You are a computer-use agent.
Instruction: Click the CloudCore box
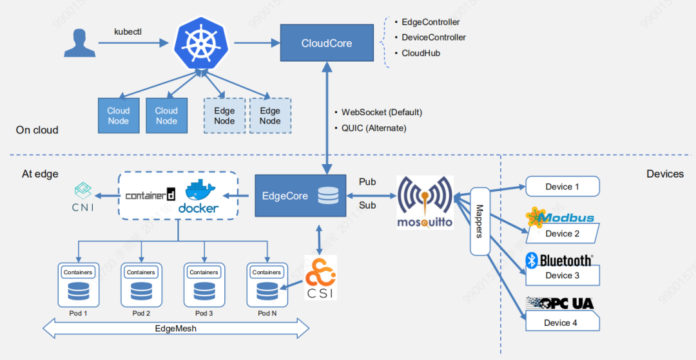point(327,43)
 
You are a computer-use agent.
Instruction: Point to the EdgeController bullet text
point(430,22)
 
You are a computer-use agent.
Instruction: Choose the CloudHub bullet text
point(421,53)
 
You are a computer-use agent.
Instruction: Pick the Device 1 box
point(563,187)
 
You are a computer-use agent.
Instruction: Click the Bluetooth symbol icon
point(532,260)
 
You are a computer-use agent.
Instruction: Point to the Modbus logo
point(559,218)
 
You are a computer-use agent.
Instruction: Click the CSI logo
point(320,278)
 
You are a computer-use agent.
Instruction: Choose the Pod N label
point(267,313)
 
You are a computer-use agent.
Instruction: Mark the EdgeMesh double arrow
point(176,328)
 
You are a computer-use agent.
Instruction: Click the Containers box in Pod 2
point(141,272)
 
